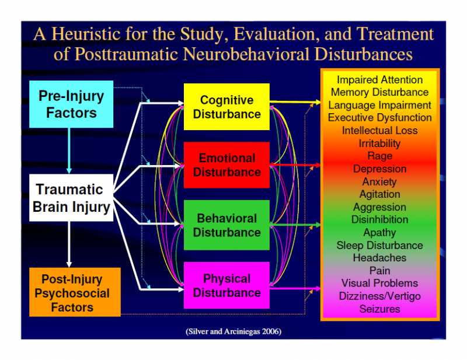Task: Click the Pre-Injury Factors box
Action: pos(71,104)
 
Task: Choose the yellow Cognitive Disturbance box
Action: pos(226,107)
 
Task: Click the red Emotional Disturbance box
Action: pos(226,165)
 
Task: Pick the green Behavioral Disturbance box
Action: pos(226,225)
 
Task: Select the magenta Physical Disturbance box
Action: pos(226,285)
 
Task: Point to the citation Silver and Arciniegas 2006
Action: pos(233,331)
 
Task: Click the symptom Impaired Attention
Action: pos(379,80)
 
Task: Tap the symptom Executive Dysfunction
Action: pos(379,118)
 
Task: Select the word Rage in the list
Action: pos(379,156)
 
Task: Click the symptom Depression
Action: pos(379,169)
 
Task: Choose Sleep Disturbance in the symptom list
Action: pos(379,245)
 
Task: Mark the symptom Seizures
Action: pos(379,309)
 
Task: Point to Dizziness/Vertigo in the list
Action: pos(379,296)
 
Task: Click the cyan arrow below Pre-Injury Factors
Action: pos(69,151)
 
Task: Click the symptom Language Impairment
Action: pos(379,105)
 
